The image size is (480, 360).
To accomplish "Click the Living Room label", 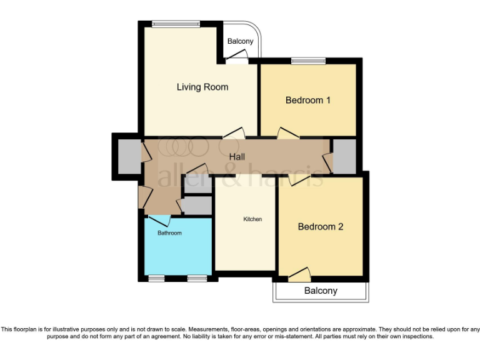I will click(202, 87).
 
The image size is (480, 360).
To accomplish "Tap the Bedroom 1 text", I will click(307, 100).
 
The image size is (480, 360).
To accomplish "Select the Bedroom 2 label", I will click(320, 227).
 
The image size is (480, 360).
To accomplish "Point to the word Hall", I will click(237, 156).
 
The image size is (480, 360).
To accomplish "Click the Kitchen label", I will click(252, 219).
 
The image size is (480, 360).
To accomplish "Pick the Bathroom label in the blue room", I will click(169, 233).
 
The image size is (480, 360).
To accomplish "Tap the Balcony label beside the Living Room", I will click(240, 42).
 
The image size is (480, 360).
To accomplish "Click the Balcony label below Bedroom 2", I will click(321, 291).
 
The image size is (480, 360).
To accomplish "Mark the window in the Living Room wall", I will click(176, 24).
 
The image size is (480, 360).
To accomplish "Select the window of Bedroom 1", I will click(307, 61).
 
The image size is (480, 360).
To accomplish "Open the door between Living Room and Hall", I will click(234, 132).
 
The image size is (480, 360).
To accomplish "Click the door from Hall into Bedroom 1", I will click(287, 133).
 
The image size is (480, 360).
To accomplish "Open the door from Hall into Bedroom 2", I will click(299, 180).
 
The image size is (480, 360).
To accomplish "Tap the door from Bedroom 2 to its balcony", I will click(299, 273).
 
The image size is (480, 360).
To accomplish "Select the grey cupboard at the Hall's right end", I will click(344, 156).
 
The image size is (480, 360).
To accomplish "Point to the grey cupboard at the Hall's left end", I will click(129, 156).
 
